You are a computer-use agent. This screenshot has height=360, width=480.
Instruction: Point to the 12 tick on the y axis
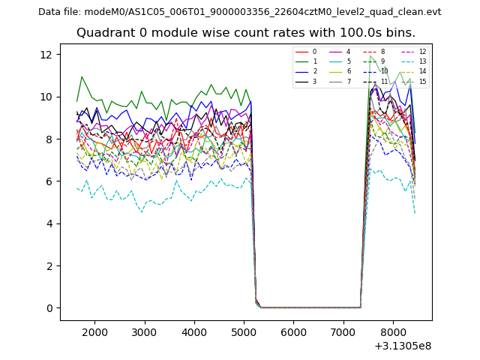[x=45, y=55]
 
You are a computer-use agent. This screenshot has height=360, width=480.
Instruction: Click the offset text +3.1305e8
[x=403, y=346]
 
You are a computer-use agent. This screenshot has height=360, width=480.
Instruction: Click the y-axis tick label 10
[x=45, y=97]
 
